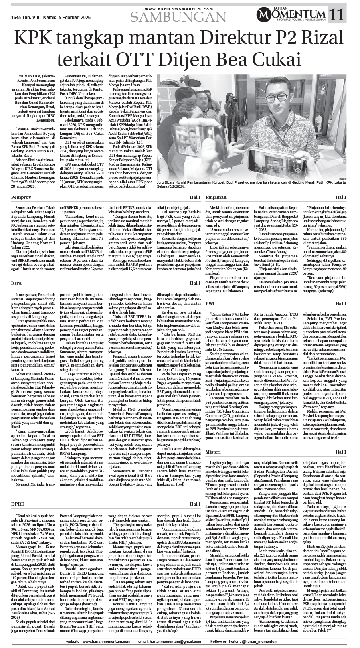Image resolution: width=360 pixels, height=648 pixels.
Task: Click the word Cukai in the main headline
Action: [x=277, y=61]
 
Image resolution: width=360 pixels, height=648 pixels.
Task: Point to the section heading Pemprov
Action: [x=21, y=198]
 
